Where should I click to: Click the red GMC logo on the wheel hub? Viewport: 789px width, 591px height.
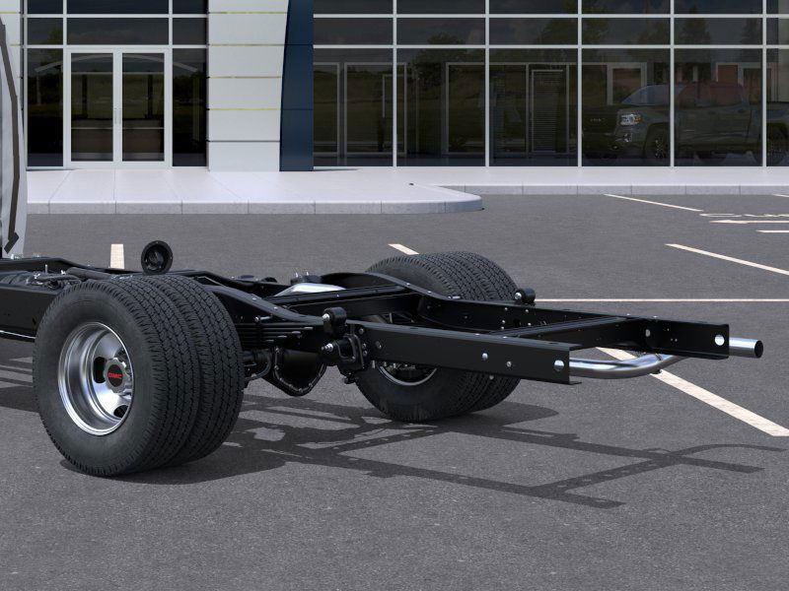coord(114,375)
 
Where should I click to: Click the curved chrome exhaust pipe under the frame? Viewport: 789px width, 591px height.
coord(624,365)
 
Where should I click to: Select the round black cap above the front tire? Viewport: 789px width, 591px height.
coord(157,257)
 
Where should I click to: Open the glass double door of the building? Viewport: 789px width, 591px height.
coord(116,107)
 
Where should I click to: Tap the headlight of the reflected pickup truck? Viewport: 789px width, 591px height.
coord(630,119)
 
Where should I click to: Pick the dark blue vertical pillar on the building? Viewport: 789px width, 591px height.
coord(298,86)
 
